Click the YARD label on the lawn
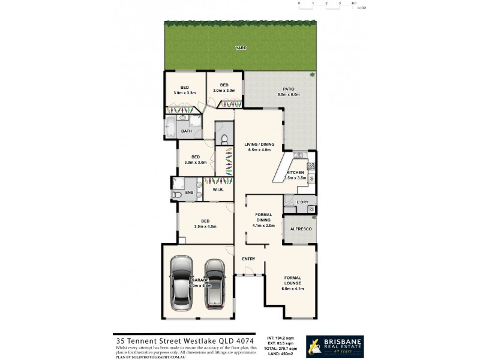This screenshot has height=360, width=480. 241,48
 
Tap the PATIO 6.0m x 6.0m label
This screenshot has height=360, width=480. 288,92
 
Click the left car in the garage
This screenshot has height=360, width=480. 181,283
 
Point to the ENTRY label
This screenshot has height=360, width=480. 248,259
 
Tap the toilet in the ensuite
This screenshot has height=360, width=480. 178,194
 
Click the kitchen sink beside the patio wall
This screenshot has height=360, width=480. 298,156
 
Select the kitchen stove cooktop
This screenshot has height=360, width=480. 311,178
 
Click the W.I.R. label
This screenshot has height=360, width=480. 218,191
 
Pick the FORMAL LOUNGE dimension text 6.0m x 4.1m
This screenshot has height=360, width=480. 292,289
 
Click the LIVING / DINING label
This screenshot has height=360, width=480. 259,144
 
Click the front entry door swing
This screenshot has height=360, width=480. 249,272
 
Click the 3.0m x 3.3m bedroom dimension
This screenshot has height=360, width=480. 185,93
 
